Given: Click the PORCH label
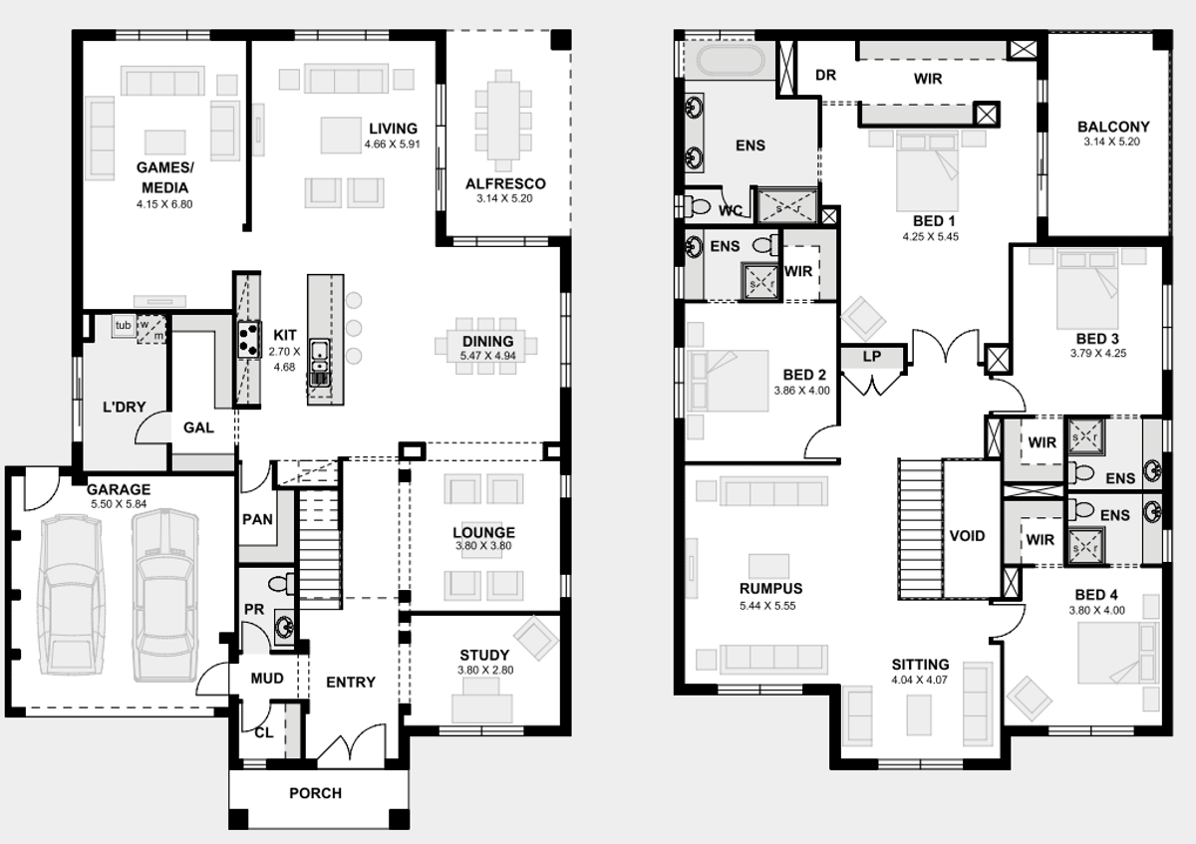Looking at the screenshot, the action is tap(315, 793).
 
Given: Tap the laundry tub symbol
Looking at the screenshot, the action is tap(124, 325).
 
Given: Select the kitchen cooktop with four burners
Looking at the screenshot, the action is tap(249, 340).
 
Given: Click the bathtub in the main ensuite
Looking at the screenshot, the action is tap(730, 61).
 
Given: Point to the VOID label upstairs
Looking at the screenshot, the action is tap(967, 536).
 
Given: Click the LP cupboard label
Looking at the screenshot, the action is tap(872, 356).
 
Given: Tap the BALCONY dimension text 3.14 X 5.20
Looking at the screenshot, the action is tap(1111, 142).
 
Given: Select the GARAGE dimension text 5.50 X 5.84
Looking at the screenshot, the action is tap(119, 504).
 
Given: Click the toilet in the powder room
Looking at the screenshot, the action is tap(281, 584).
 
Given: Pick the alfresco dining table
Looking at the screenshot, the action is tap(503, 120).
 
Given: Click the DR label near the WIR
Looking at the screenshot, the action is tap(825, 76).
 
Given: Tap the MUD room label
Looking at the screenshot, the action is tap(267, 679).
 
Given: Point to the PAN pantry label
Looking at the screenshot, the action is tap(257, 519).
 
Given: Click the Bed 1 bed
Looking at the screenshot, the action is tap(928, 170).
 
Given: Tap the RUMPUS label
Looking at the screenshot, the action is tap(770, 589).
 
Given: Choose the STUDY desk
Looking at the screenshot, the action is tap(482, 702).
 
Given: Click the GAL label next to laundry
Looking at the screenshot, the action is tap(198, 427).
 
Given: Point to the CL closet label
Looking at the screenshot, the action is tap(264, 733).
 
